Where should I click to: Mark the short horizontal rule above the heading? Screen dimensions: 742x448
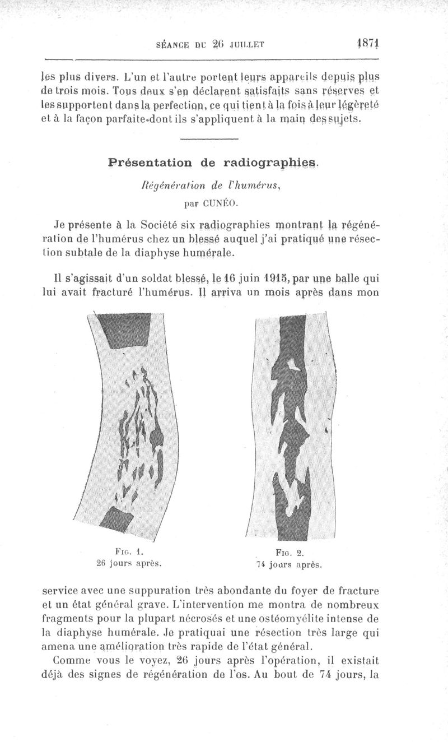(210, 138)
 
